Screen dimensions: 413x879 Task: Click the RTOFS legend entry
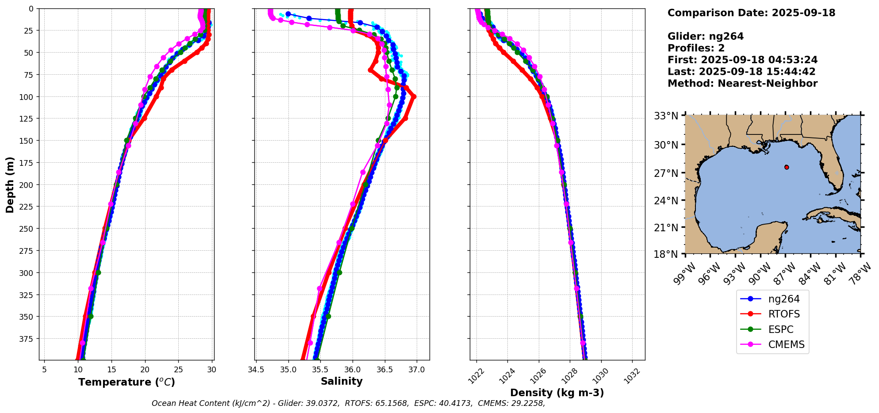(x=784, y=314)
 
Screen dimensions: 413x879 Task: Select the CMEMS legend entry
(x=786, y=345)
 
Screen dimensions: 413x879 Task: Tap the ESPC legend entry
(x=781, y=330)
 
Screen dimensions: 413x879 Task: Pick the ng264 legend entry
(x=784, y=299)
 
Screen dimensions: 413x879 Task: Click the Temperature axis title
(x=127, y=382)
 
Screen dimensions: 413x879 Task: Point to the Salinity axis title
(x=342, y=382)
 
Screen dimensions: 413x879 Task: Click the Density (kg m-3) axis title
(x=557, y=393)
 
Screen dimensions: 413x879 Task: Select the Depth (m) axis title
(x=10, y=184)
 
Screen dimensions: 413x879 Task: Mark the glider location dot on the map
(x=787, y=167)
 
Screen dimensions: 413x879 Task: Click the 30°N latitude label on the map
(x=666, y=145)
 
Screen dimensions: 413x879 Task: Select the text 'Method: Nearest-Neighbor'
(x=742, y=84)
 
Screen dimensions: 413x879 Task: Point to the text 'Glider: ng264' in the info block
(x=706, y=36)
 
